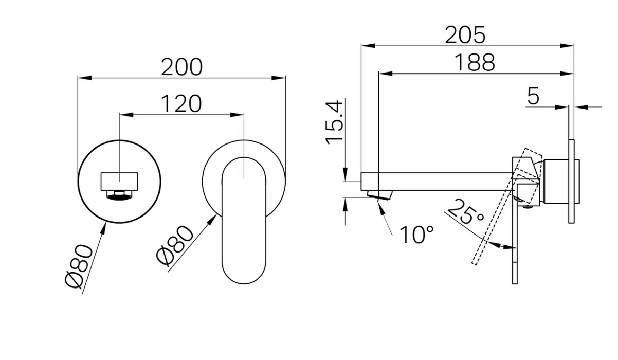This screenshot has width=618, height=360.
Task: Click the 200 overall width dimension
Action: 182,67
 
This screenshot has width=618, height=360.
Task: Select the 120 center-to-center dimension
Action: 181,104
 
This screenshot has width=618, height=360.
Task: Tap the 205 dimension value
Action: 465,35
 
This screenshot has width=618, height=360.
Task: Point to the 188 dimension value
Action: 474,63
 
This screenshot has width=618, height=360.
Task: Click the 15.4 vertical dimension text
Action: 334,123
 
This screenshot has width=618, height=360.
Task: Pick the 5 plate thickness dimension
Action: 533,96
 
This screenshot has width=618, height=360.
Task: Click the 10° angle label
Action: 416,235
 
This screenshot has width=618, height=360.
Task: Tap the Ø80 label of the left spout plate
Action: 79,265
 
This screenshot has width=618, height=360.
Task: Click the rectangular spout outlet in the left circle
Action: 119,182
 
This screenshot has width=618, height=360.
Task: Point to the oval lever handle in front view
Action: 244,220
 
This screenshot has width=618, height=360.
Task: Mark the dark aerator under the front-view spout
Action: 119,196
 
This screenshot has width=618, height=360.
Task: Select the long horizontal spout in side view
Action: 438,182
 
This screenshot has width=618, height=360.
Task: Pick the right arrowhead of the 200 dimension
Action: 278,78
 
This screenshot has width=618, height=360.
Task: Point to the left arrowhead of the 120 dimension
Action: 126,115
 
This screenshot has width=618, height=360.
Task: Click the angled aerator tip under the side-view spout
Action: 379,195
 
